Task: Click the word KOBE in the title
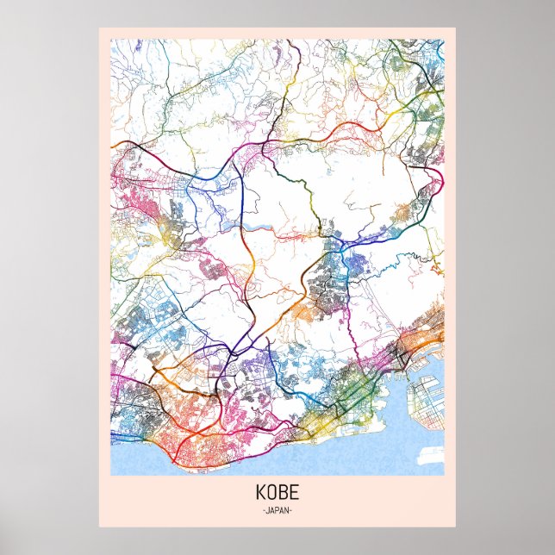[x=277, y=496]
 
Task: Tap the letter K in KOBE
[x=260, y=496]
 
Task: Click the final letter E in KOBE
[x=295, y=496]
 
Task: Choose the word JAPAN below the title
[x=277, y=511]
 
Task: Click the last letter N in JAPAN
[x=288, y=511]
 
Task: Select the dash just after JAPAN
[x=293, y=511]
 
